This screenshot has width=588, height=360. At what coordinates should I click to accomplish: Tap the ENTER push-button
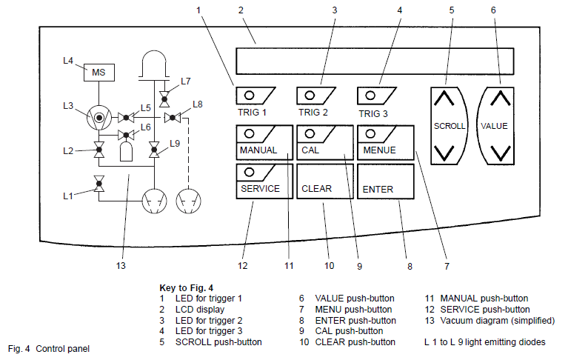click(385, 181)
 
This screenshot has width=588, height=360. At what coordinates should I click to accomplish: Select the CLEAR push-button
click(324, 181)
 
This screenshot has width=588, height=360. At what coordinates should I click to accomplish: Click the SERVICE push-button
click(263, 181)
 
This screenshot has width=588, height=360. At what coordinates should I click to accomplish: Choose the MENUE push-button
click(385, 141)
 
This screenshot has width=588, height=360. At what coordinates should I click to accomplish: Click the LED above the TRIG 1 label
click(250, 95)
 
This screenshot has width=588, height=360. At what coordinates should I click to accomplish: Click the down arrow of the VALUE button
click(501, 153)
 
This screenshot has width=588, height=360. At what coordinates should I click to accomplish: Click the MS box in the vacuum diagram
click(98, 72)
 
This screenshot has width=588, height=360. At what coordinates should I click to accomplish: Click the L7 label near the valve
click(185, 81)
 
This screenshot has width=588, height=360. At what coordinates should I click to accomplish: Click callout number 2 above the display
click(241, 10)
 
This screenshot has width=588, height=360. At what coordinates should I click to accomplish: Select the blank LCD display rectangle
click(374, 61)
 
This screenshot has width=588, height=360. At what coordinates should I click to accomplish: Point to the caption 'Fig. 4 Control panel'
click(48, 347)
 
